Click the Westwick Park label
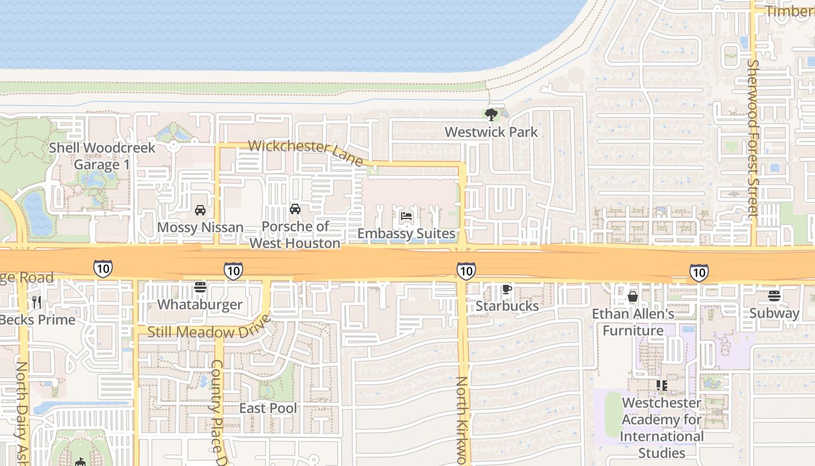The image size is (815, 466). pyautogui.click(x=491, y=132)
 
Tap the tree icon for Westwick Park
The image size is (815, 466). pyautogui.click(x=491, y=114)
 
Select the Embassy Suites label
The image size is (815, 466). pyautogui.click(x=406, y=234)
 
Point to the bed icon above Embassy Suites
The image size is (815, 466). pyautogui.click(x=406, y=216)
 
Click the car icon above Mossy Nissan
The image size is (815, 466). pyautogui.click(x=200, y=210)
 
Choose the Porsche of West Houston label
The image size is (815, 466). pyautogui.click(x=295, y=235)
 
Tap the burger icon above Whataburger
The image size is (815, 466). pyautogui.click(x=200, y=287)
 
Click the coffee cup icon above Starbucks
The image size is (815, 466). pyautogui.click(x=507, y=289)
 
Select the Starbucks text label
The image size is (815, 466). pyautogui.click(x=507, y=306)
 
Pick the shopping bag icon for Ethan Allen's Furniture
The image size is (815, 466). pyautogui.click(x=633, y=296)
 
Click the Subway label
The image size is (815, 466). pyautogui.click(x=774, y=313)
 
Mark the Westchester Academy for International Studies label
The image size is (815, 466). pyautogui.click(x=662, y=428)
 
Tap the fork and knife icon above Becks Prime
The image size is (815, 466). pyautogui.click(x=37, y=302)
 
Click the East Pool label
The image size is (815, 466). pyautogui.click(x=268, y=408)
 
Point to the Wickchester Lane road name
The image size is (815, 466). pyautogui.click(x=306, y=151)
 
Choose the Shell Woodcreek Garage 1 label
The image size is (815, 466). pyautogui.click(x=102, y=156)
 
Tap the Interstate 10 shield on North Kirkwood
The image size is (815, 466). pyautogui.click(x=466, y=270)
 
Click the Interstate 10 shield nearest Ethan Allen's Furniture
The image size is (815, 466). pyautogui.click(x=699, y=272)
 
